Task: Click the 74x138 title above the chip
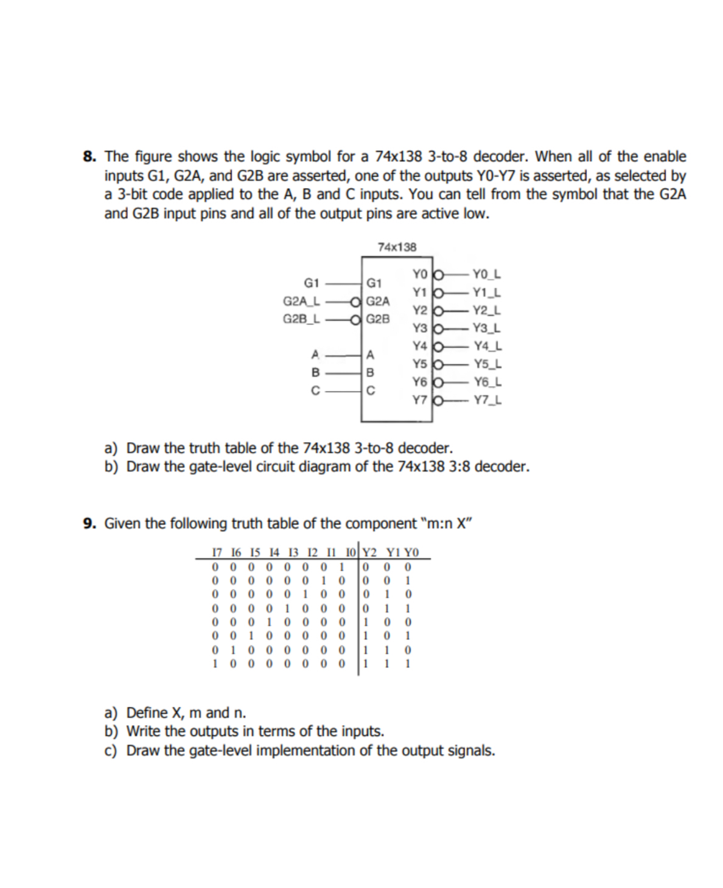click(x=397, y=247)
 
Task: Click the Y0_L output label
click(x=487, y=274)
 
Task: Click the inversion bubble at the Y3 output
click(x=437, y=329)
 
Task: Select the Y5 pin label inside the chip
click(x=419, y=364)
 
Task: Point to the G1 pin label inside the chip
click(x=374, y=283)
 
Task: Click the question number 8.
click(x=89, y=157)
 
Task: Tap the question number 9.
click(x=89, y=524)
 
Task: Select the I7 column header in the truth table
click(x=216, y=553)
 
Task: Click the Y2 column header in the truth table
click(x=369, y=553)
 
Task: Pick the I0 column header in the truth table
click(x=351, y=553)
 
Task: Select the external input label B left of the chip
click(x=315, y=372)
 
